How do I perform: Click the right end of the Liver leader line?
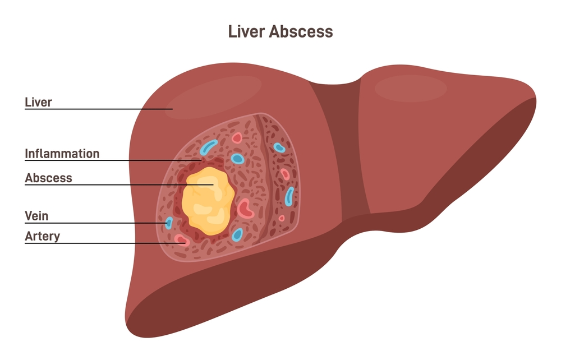point(173,109)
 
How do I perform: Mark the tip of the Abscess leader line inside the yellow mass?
point(214,185)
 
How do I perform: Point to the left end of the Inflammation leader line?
point(25,160)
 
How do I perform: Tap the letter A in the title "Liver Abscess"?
point(274,31)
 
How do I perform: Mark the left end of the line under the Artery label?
point(25,243)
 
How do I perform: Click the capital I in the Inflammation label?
point(26,154)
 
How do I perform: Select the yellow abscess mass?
point(208,201)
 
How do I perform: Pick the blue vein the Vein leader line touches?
point(169,223)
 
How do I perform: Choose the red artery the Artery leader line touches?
point(182,240)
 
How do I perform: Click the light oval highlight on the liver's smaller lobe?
point(411,88)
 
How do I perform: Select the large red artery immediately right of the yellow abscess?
point(246,209)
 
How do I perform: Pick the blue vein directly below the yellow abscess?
point(237,235)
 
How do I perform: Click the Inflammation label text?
point(62,154)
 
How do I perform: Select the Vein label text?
point(36,216)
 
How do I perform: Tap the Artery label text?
point(42,236)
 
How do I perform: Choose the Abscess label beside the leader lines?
point(48,178)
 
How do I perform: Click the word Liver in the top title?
point(246,31)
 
